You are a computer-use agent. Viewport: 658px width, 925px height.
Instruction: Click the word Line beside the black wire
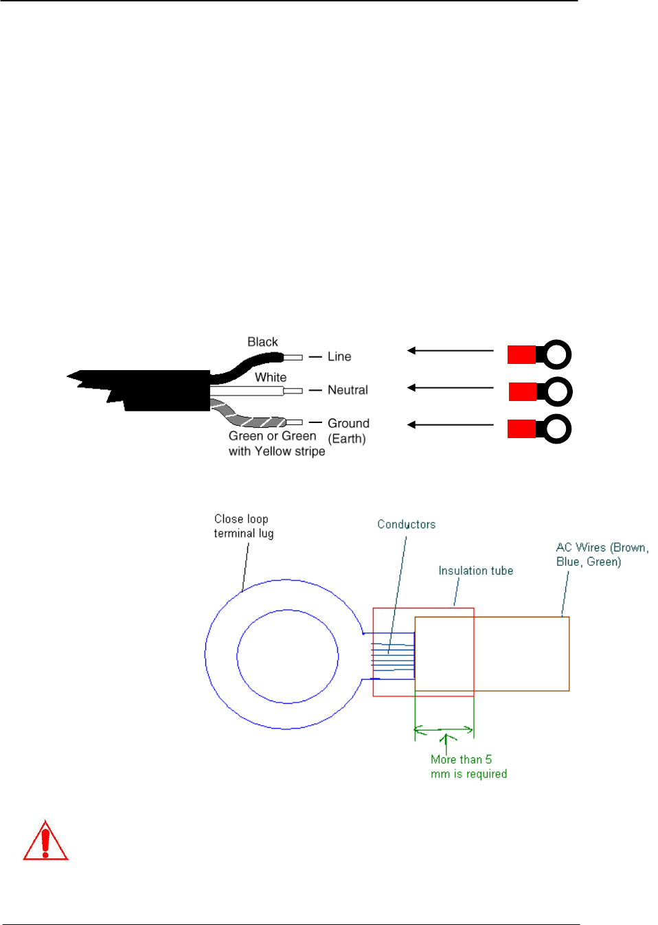(x=339, y=356)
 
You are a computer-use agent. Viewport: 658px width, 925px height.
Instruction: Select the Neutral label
(x=348, y=390)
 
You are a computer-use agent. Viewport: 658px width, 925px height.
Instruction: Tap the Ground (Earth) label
(x=348, y=431)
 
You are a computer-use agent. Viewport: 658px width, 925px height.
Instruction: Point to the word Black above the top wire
(x=262, y=342)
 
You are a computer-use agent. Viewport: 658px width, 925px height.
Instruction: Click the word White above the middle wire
(x=271, y=377)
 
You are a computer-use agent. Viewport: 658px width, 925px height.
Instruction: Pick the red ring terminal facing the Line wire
(x=539, y=355)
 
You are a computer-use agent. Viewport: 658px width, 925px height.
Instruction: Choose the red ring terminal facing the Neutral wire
(x=540, y=392)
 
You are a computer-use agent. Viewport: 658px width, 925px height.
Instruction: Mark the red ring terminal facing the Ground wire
(x=539, y=429)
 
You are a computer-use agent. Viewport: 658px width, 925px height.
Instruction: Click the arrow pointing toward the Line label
(x=450, y=351)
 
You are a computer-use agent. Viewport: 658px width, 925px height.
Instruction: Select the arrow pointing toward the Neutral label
(x=450, y=388)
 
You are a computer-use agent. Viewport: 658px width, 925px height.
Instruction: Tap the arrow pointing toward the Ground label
(x=450, y=425)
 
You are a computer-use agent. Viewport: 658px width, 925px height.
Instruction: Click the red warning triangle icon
(x=45, y=841)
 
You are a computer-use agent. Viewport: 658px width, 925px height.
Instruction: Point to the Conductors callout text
(x=406, y=525)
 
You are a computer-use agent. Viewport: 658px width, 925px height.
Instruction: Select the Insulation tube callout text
(x=475, y=571)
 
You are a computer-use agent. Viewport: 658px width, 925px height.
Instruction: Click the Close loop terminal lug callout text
(x=243, y=526)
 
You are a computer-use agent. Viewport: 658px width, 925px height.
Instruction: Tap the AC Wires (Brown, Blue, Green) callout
(x=602, y=554)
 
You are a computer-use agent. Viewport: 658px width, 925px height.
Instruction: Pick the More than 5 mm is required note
(x=468, y=766)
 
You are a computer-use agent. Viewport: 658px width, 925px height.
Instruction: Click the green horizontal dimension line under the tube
(x=444, y=729)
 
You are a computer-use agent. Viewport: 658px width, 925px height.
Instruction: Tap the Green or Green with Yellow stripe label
(x=276, y=444)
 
